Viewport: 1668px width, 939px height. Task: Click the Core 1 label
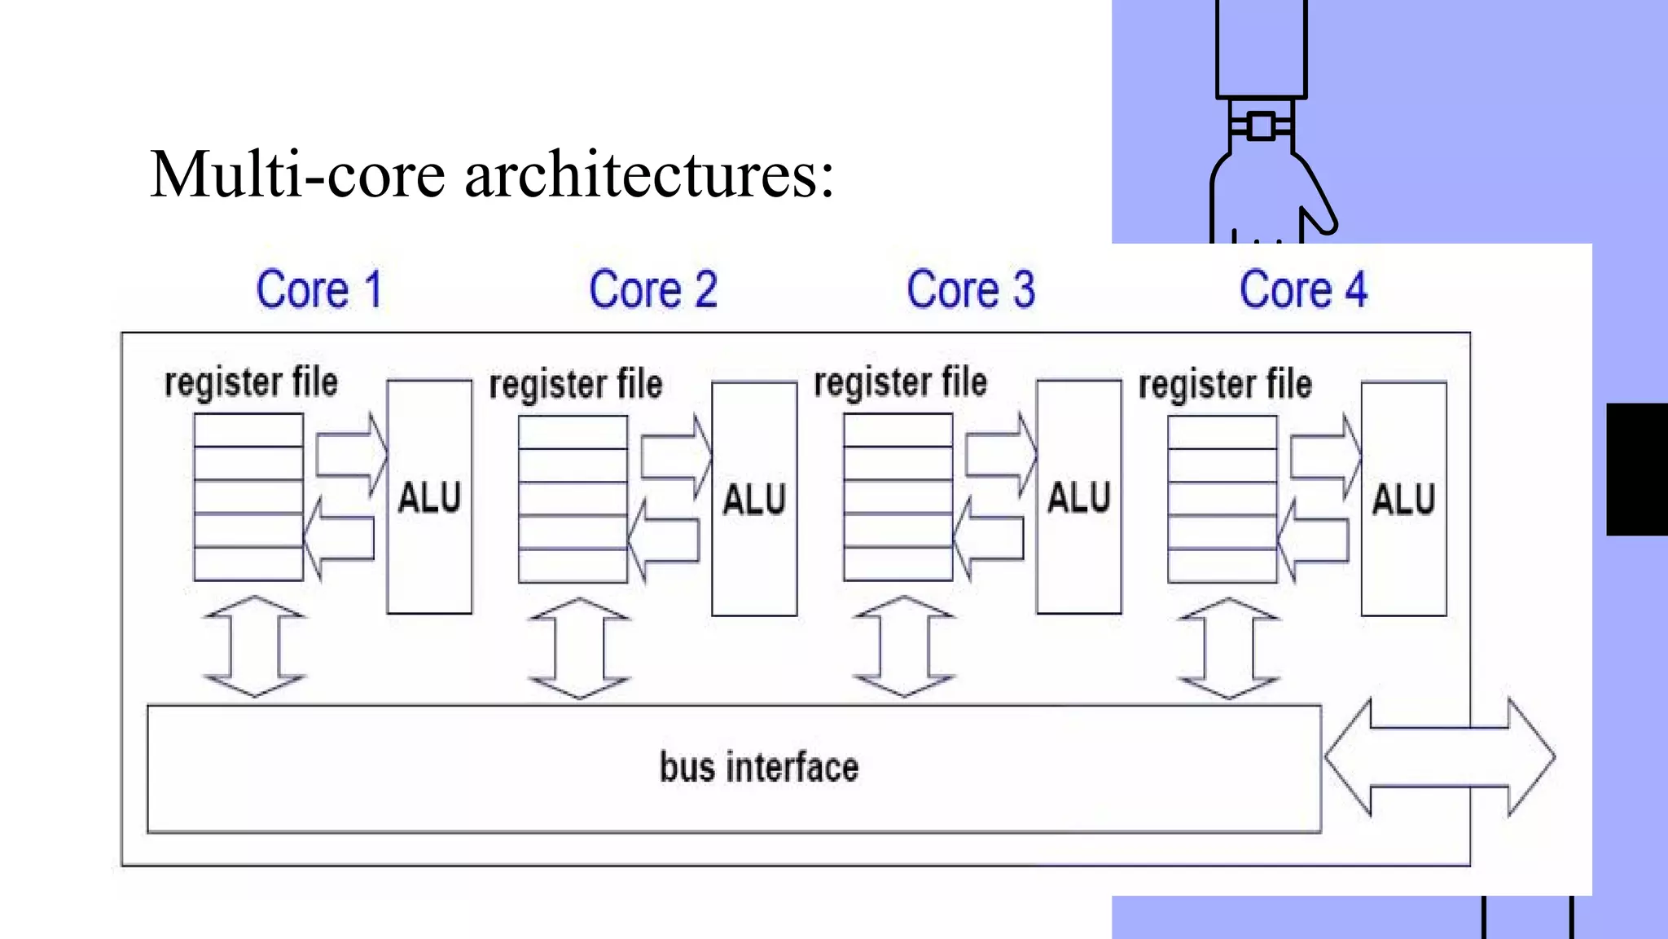318,289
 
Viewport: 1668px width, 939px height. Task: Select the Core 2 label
652,289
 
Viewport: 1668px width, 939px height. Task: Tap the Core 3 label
970,289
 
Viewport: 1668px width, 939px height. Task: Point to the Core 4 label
1302,289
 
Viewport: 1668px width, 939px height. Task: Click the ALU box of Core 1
429,497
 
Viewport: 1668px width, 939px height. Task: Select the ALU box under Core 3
1078,497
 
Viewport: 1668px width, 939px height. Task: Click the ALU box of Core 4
1403,499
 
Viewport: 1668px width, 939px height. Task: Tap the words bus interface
758,768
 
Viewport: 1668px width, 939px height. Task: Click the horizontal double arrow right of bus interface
1439,757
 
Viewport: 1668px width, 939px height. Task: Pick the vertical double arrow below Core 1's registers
255,646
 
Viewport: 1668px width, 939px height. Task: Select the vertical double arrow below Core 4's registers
1228,649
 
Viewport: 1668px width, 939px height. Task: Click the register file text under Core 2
575,385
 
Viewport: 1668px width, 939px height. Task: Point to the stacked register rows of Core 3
898,497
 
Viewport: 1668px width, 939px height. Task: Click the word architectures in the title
649,174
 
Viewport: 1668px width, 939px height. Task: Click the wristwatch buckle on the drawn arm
1261,126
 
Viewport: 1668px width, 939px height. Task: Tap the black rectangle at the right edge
1637,469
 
